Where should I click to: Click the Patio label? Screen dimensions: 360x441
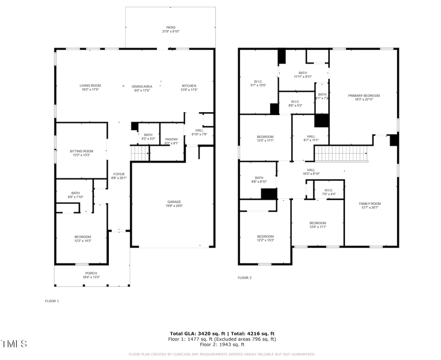(x=171, y=27)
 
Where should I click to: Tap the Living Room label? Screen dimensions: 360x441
(x=90, y=86)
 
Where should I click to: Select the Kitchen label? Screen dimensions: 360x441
(x=189, y=86)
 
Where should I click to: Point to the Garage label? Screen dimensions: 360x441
(x=174, y=202)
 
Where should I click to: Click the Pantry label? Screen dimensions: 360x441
(x=171, y=140)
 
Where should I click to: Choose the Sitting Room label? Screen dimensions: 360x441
(x=81, y=151)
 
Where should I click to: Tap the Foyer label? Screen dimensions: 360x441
(x=119, y=174)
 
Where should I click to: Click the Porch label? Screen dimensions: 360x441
(x=91, y=273)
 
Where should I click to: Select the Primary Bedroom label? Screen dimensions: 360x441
(x=364, y=96)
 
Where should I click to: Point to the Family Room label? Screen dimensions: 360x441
(x=369, y=204)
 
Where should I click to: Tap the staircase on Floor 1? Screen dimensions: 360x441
(x=140, y=155)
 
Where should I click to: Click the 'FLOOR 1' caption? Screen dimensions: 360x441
(x=52, y=301)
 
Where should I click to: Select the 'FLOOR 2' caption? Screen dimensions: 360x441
(x=245, y=278)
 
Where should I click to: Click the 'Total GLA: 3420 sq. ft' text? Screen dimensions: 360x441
(x=194, y=334)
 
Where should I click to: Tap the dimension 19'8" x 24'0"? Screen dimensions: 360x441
(x=174, y=206)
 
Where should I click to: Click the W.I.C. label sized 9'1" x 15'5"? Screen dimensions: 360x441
(x=258, y=81)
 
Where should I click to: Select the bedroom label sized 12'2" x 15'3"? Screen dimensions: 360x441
(x=265, y=237)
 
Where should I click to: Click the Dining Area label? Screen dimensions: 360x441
(x=142, y=86)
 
